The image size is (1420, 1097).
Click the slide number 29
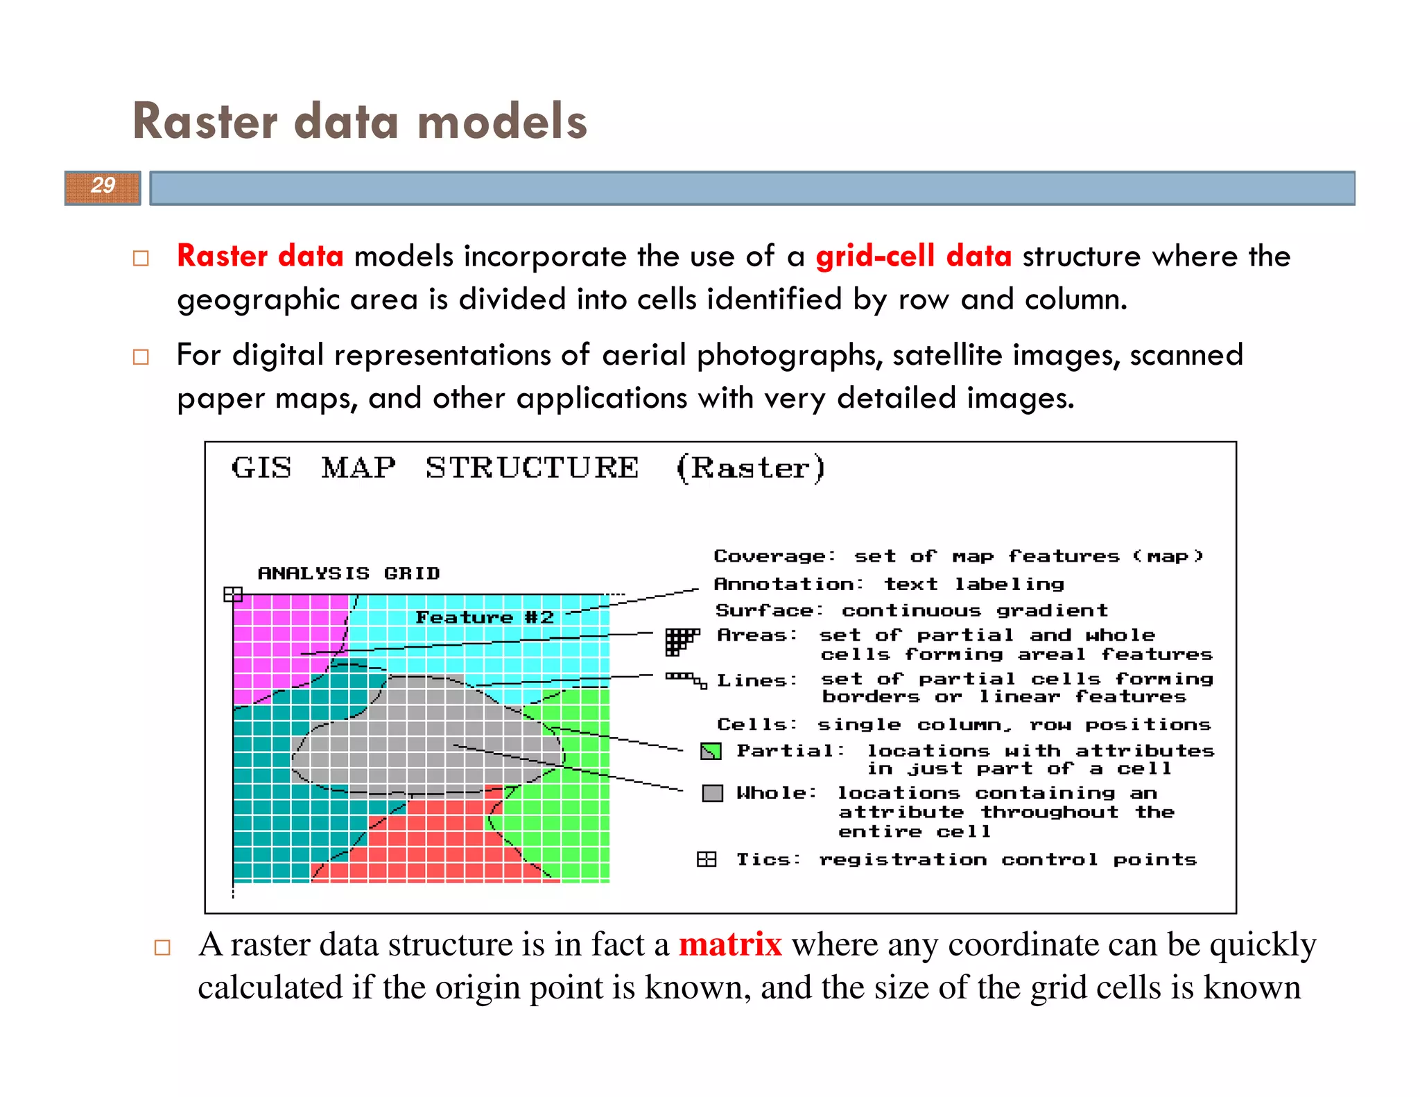pyautogui.click(x=103, y=185)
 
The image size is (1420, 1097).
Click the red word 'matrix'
pyautogui.click(x=730, y=944)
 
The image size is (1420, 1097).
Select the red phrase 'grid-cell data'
pyautogui.click(x=913, y=256)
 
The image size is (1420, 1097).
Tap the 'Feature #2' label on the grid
pyautogui.click(x=484, y=617)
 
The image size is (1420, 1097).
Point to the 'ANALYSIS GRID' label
pyautogui.click(x=349, y=573)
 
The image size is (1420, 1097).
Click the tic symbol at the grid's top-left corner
pyautogui.click(x=233, y=594)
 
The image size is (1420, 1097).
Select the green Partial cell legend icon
pyautogui.click(x=711, y=751)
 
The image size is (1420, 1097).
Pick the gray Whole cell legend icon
pyautogui.click(x=712, y=793)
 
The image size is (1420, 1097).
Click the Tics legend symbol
pyautogui.click(x=706, y=860)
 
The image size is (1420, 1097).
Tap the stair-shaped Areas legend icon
pyautogui.click(x=680, y=640)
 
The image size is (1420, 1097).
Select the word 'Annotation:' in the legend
pyautogui.click(x=788, y=584)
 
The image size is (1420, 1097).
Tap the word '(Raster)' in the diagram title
pyautogui.click(x=750, y=468)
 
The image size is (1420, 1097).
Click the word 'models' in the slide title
pyautogui.click(x=502, y=121)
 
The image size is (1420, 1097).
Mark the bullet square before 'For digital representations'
pyautogui.click(x=141, y=357)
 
